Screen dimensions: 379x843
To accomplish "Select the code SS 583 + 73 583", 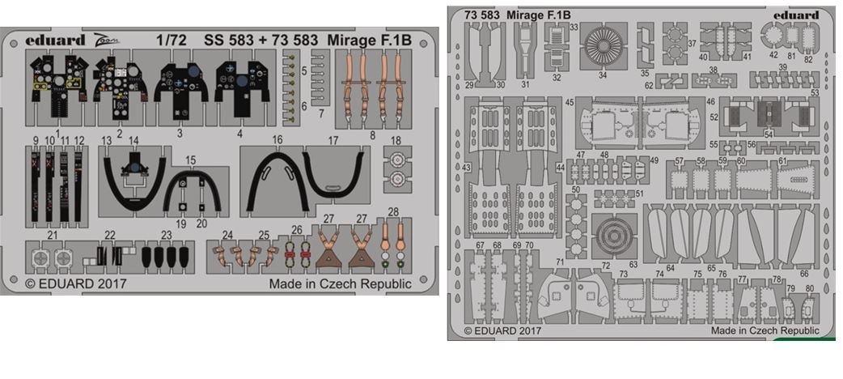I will coord(252,37).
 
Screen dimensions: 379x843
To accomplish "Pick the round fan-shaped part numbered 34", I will coord(602,45).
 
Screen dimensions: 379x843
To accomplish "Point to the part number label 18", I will coord(396,141).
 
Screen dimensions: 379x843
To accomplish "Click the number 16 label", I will coord(277,140).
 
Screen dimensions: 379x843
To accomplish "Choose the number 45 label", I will coord(570,103).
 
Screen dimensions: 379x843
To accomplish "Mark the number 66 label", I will coord(805,274).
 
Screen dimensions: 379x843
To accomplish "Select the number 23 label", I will coord(166,235).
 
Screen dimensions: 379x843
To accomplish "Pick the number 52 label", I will coord(714,117).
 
